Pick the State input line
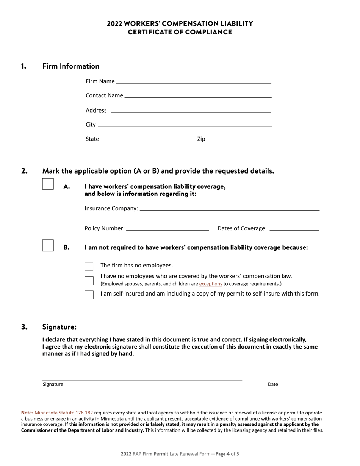148,139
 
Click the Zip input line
240,139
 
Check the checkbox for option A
48,184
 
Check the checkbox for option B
48,246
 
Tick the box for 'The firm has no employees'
89,266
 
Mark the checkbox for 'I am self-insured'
89,295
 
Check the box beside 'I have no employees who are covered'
89,281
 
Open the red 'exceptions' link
211,284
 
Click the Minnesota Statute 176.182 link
64,413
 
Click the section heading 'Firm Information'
71,66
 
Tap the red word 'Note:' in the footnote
27,413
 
